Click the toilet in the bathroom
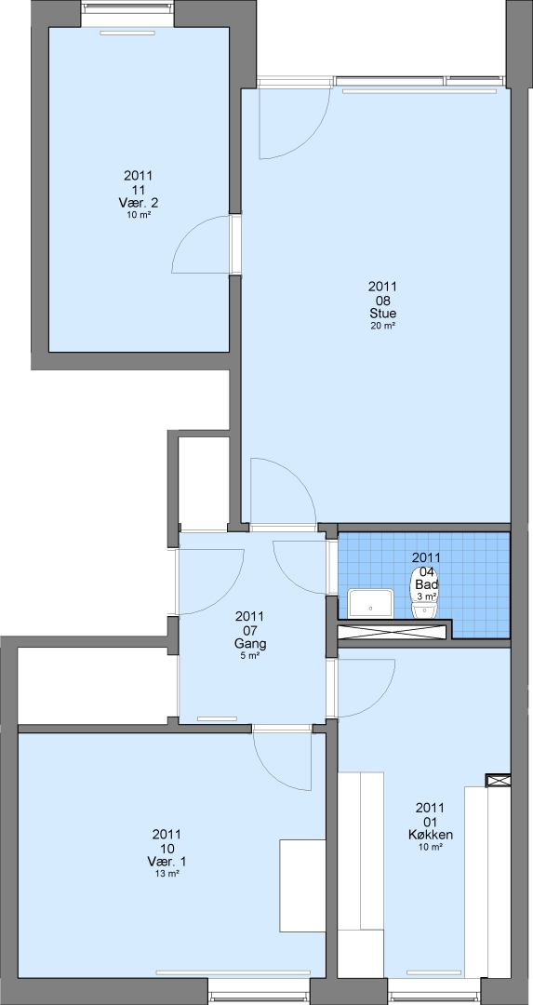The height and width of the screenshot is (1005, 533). (423, 597)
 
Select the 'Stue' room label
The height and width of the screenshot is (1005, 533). (382, 314)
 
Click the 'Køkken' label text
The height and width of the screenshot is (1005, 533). (431, 835)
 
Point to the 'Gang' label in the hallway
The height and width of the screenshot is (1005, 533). (250, 644)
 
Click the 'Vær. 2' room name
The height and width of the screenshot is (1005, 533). (139, 203)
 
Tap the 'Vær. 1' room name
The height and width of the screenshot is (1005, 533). (167, 862)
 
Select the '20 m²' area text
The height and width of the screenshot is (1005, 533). (382, 326)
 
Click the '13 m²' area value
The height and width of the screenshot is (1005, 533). (167, 874)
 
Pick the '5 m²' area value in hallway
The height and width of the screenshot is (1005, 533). (250, 656)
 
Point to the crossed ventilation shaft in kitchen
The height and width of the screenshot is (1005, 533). (499, 781)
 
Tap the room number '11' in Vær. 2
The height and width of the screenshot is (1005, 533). (139, 190)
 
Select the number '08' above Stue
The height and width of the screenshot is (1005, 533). (382, 300)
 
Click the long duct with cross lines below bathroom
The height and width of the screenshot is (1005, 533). (391, 631)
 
